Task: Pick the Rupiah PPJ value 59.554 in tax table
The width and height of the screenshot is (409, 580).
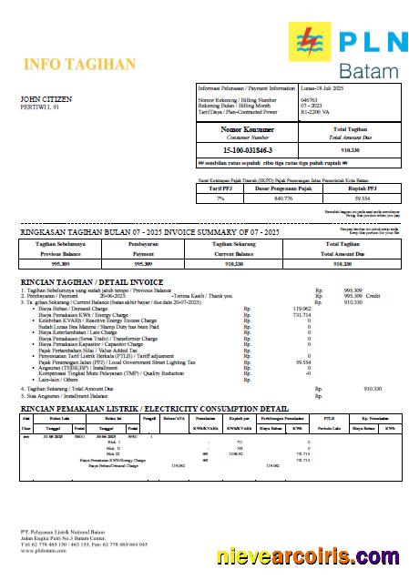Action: pyautogui.click(x=362, y=197)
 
